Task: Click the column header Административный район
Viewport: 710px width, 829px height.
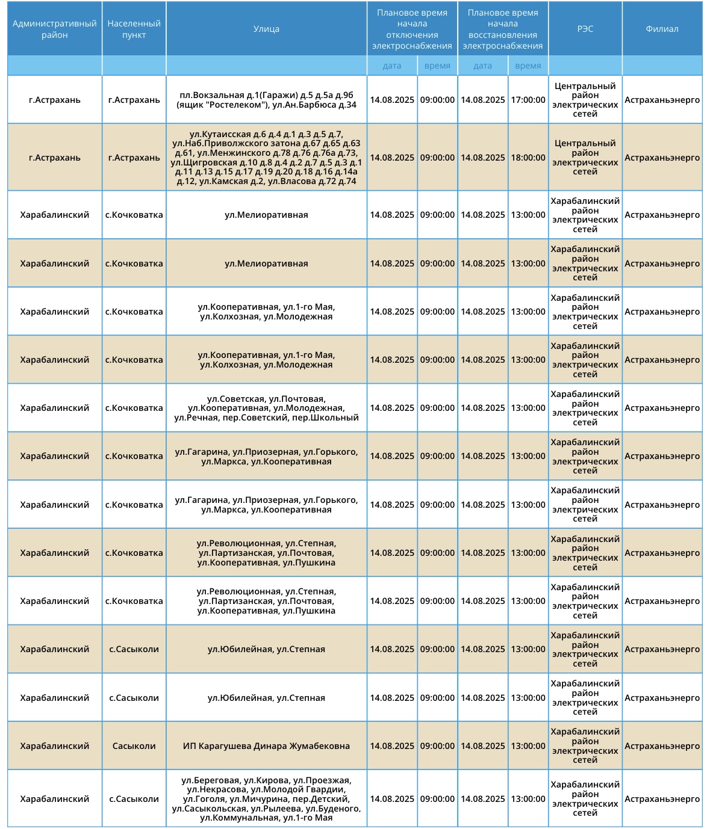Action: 54,29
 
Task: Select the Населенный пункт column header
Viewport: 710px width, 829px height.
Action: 134,29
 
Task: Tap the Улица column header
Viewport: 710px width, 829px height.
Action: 266,29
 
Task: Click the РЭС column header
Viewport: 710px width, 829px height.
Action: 585,29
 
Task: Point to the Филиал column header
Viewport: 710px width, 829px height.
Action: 662,29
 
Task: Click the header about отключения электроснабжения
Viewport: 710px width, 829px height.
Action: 412,29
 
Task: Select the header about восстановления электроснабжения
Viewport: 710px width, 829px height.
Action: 503,29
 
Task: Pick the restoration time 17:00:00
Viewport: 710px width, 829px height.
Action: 528,100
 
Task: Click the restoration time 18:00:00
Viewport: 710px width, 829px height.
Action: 528,158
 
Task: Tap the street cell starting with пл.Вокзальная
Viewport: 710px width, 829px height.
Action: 266,100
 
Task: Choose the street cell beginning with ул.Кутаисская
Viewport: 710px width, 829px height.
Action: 266,158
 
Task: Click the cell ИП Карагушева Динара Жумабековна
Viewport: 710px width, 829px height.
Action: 266,746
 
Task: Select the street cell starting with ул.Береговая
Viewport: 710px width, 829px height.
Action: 266,799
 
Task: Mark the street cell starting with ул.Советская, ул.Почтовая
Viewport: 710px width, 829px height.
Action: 266,408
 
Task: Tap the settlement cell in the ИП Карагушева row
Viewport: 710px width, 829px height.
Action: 134,746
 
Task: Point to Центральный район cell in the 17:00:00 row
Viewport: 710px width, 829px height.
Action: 585,100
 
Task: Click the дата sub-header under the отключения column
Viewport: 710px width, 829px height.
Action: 392,66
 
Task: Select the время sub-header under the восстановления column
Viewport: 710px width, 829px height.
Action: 528,66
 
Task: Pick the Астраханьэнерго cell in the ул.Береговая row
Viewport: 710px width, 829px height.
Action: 662,799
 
